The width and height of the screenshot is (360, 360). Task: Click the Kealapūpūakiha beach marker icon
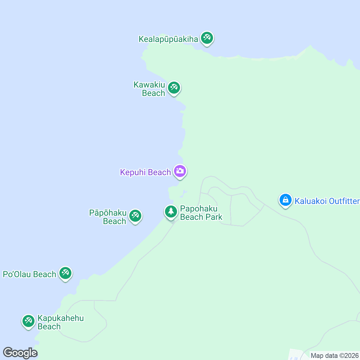click(x=207, y=38)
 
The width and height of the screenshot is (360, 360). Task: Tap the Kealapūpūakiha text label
click(x=168, y=39)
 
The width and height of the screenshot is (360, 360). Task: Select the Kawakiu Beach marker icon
click(x=174, y=88)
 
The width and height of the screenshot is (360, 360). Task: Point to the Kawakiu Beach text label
click(x=149, y=89)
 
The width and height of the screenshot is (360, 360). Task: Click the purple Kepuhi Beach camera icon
click(x=180, y=171)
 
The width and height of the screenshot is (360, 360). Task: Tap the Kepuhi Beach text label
click(x=145, y=172)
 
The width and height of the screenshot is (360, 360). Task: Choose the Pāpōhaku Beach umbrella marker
click(x=135, y=216)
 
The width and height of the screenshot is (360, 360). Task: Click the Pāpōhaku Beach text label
click(x=108, y=217)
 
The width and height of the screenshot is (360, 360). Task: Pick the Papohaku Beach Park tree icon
click(x=171, y=211)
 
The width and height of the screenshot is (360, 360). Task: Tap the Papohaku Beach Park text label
click(x=201, y=213)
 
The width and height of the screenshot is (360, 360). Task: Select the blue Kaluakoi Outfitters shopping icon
click(x=285, y=200)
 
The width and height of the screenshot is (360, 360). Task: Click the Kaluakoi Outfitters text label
click(x=327, y=201)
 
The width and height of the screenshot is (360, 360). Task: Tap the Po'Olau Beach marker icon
click(x=65, y=273)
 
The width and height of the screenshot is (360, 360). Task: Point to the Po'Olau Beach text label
click(x=29, y=274)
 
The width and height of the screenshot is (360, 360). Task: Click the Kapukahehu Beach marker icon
click(x=28, y=321)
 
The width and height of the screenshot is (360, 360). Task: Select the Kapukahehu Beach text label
click(x=61, y=322)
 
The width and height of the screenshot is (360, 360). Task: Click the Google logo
click(x=20, y=353)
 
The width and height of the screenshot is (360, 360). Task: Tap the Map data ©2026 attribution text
click(x=334, y=356)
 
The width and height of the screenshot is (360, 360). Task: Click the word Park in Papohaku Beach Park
click(x=214, y=217)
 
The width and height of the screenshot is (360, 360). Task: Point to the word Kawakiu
click(x=149, y=85)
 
